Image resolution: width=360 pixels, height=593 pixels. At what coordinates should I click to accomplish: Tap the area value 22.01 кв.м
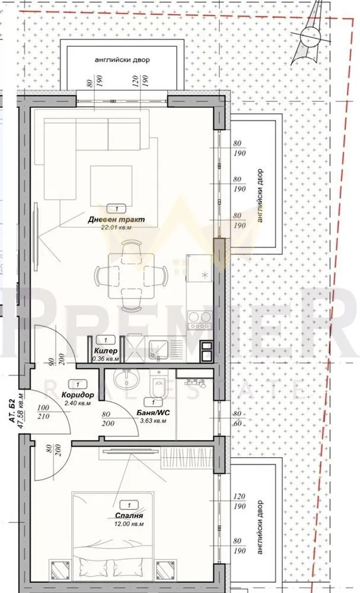[x=116, y=227]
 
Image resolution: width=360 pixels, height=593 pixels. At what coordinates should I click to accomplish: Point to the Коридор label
[x=78, y=394]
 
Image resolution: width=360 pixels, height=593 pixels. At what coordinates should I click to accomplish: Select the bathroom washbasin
[x=126, y=379]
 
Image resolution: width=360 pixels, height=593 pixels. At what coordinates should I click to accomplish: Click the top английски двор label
[x=122, y=60]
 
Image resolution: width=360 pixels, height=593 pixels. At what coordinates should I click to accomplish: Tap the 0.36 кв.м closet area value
[x=106, y=358]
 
